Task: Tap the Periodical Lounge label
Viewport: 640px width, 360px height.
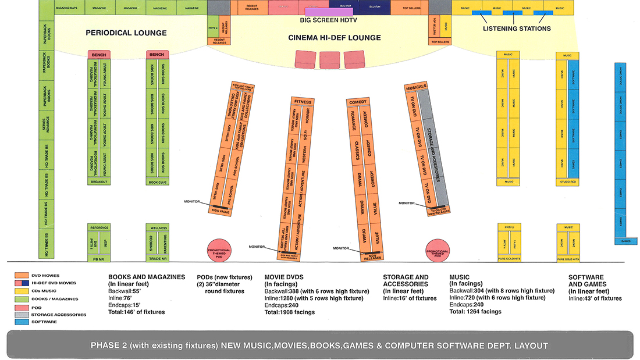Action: pyautogui.click(x=126, y=33)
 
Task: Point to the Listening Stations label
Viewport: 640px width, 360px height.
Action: pyautogui.click(x=517, y=28)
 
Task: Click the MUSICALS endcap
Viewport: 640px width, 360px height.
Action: pyautogui.click(x=416, y=87)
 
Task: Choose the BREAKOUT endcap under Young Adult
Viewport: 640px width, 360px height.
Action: pyautogui.click(x=99, y=182)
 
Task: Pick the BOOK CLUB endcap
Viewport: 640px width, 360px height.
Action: pyautogui.click(x=157, y=182)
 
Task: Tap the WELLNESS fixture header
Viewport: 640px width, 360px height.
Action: pyautogui.click(x=157, y=228)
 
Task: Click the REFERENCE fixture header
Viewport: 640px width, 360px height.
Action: pyautogui.click(x=99, y=228)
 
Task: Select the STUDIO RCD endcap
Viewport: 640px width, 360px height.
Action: pyautogui.click(x=567, y=182)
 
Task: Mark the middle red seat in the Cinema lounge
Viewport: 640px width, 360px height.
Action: pyautogui.click(x=329, y=59)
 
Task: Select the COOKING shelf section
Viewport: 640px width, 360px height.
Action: pyautogui.click(x=151, y=243)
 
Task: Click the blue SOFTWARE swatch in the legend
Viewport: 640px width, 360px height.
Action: pyautogui.click(x=22, y=322)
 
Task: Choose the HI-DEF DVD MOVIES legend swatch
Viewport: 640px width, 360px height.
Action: pyautogui.click(x=22, y=283)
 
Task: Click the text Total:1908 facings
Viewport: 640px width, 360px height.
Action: pyautogui.click(x=290, y=312)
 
